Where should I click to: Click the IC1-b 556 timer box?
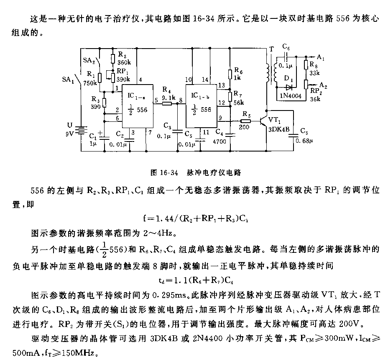(x=202, y=106)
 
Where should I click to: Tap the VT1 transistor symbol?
(x=264, y=121)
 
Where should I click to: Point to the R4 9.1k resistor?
(x=167, y=103)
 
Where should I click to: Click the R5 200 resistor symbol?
(x=245, y=121)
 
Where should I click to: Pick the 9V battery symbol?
(x=81, y=131)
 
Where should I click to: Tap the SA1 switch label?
(x=68, y=80)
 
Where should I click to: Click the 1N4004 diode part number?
(x=291, y=95)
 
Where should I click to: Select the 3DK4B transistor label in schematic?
(x=279, y=129)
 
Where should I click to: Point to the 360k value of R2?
(x=124, y=62)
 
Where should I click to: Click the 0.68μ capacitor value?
(x=304, y=141)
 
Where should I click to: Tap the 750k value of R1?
(x=90, y=83)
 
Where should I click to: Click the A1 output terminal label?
(x=320, y=57)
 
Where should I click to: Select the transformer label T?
(x=272, y=49)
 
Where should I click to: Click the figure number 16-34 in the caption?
(x=169, y=173)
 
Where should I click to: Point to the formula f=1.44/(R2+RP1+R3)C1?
(x=196, y=218)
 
